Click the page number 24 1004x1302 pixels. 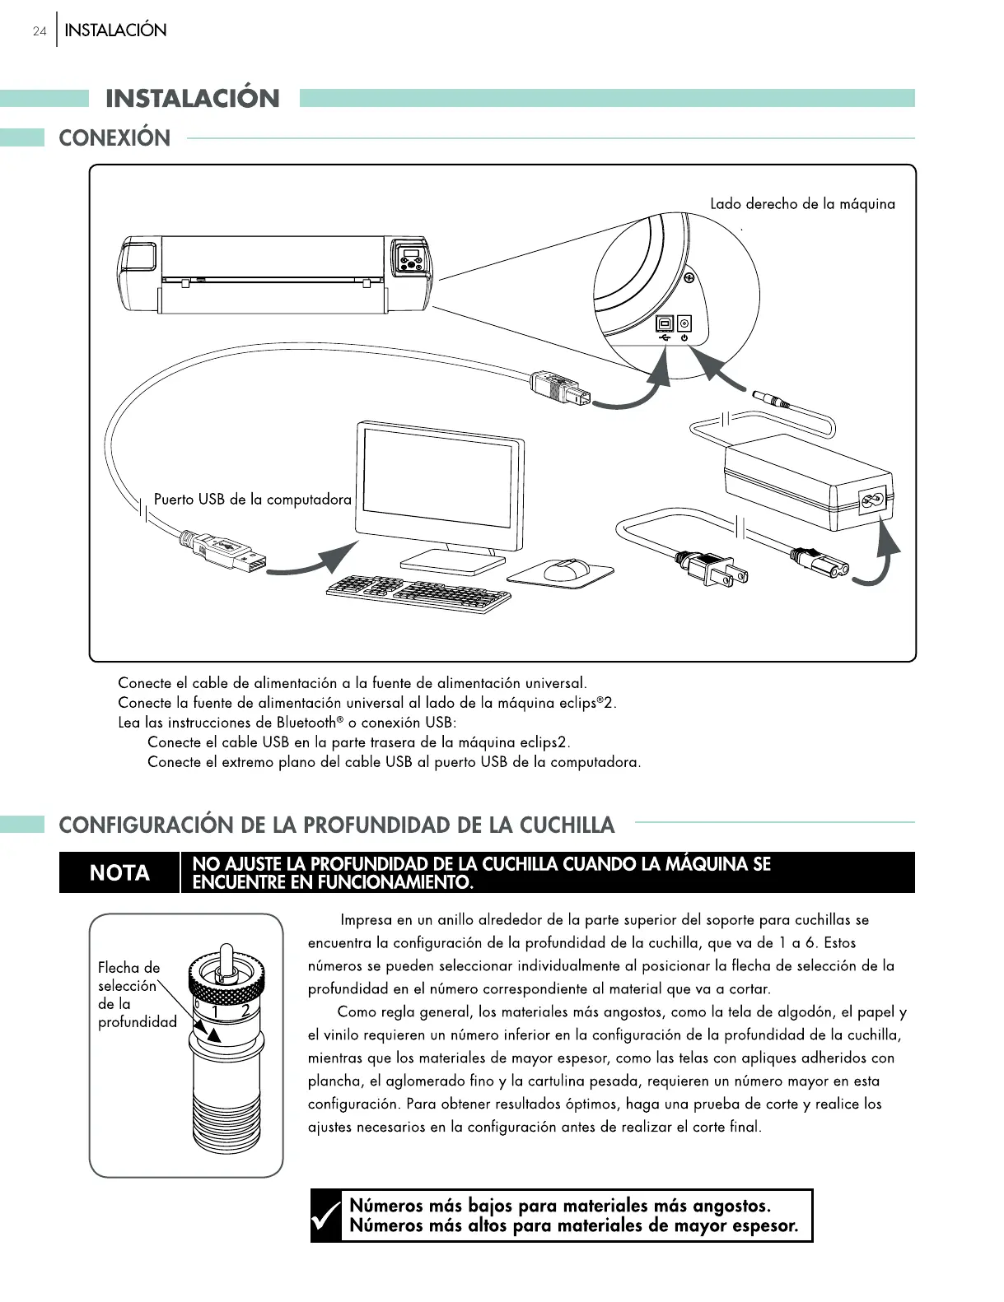(x=39, y=31)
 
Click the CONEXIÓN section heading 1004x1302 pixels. (x=114, y=137)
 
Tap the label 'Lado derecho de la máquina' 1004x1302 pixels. (x=802, y=203)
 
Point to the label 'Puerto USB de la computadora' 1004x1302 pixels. (x=252, y=500)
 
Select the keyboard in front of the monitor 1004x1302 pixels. (x=418, y=593)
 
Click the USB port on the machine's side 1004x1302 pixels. (x=665, y=323)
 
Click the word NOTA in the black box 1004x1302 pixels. (x=119, y=872)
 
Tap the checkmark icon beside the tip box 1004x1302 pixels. (x=326, y=1216)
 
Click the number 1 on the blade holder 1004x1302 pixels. (x=216, y=1011)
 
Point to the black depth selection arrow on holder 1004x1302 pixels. (x=211, y=1035)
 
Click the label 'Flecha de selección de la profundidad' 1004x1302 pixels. (x=136, y=994)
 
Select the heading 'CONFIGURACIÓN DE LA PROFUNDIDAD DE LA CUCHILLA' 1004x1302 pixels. (x=337, y=825)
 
